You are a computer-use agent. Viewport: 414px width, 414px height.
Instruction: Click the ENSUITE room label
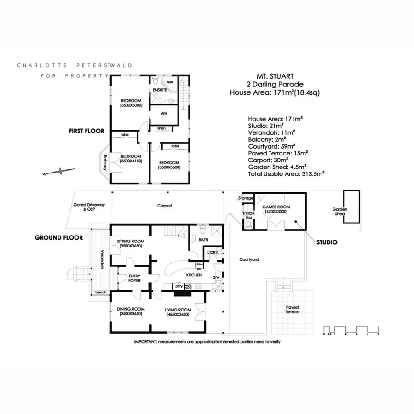point(161,90)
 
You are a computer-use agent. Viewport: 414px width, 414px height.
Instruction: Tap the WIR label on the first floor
point(163,113)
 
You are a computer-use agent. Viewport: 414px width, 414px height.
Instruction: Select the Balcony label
point(105,161)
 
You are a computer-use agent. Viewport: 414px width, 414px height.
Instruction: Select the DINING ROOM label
point(131,311)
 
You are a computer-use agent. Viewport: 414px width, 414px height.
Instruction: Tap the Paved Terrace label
point(292,310)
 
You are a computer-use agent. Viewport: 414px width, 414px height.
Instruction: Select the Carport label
point(164,206)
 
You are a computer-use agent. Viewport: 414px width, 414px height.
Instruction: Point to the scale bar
point(351,330)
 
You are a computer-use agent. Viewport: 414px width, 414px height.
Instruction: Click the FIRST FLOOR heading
point(86,131)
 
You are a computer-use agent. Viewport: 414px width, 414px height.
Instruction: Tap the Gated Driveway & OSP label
point(89,207)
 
